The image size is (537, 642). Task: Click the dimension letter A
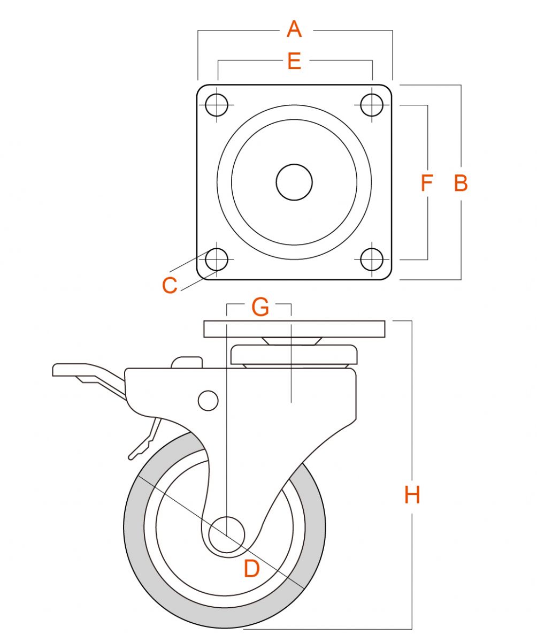pos(294,29)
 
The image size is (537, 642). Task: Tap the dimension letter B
pos(461,183)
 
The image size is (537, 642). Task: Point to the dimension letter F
pos(426,183)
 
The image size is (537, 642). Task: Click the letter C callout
pos(170,286)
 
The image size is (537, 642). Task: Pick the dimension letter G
pos(260,308)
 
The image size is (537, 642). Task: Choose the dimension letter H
pos(412,495)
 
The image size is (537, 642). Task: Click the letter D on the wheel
pos(251,569)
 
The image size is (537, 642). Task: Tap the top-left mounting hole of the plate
pos(216,104)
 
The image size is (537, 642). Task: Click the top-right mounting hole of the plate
pos(372,105)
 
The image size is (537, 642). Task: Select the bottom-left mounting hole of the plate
pos(216,259)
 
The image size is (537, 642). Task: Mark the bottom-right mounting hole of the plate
pos(372,259)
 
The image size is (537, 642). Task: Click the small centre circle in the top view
pos(294,182)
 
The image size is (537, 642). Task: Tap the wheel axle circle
pos(226,536)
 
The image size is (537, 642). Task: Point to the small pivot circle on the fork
pos(208,400)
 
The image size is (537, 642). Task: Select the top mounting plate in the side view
pos(294,328)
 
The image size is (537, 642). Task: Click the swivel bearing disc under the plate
pos(294,354)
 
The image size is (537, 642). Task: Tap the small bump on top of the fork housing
pos(187,362)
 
